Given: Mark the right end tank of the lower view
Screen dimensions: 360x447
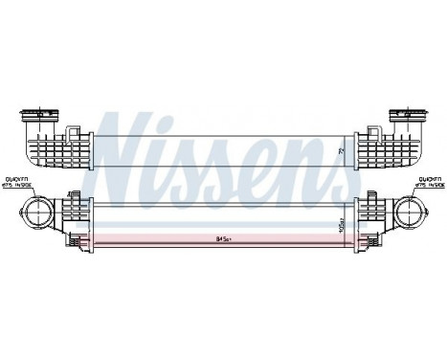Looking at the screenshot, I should click(369, 222).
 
